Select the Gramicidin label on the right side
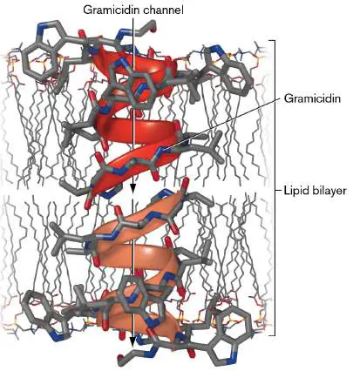tap(312, 99)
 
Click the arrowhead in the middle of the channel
tap(132, 189)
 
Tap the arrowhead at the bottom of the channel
tap(132, 343)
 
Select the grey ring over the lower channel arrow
tap(132, 287)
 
